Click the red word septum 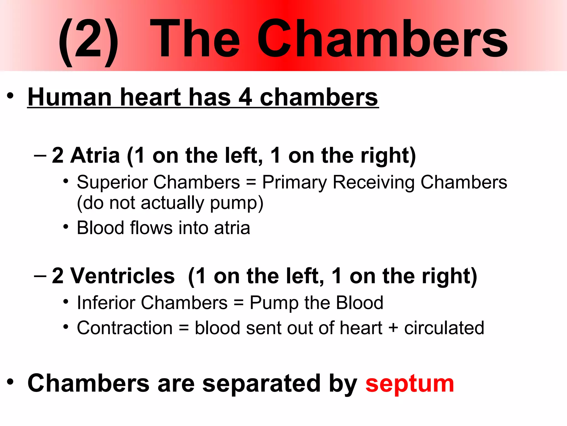point(409,384)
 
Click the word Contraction point(125,328)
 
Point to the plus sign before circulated point(393,328)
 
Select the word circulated point(444,328)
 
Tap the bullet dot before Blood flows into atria point(66,227)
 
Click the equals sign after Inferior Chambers point(238,303)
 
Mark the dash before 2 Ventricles point(40,276)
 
